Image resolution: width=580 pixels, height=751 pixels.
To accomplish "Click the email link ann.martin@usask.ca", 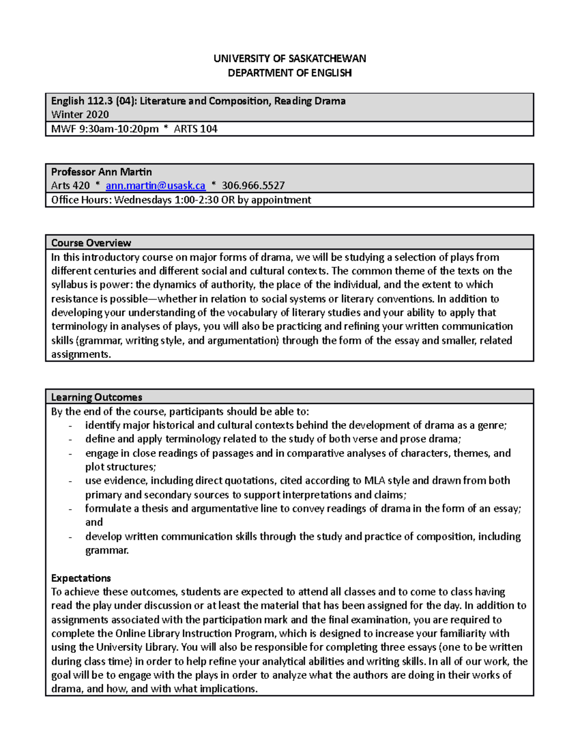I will tap(155, 186).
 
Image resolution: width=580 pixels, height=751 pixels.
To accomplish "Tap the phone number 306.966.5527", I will tap(253, 186).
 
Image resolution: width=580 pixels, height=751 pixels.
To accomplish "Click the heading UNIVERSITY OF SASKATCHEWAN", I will tap(290, 59).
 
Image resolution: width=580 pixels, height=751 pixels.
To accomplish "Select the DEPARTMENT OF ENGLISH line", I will tap(290, 73).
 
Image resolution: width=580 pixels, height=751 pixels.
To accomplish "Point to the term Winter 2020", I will tap(80, 115).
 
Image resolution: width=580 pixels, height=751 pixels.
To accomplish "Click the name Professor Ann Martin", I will tap(101, 172).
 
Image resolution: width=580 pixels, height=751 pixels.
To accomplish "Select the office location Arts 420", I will tap(71, 186).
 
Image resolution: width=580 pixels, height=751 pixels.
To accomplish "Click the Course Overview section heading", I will tap(91, 243).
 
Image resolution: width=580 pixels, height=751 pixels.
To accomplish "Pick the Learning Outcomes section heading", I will tap(97, 398).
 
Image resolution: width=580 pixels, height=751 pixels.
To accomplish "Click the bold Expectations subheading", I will tap(81, 578).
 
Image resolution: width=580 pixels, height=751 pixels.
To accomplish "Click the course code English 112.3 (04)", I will tap(94, 101).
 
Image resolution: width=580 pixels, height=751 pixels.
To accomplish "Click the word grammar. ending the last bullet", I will tap(107, 550).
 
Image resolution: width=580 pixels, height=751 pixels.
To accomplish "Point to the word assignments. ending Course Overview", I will tap(81, 354).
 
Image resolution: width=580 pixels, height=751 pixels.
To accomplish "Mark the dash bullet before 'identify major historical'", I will tap(71, 426).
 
